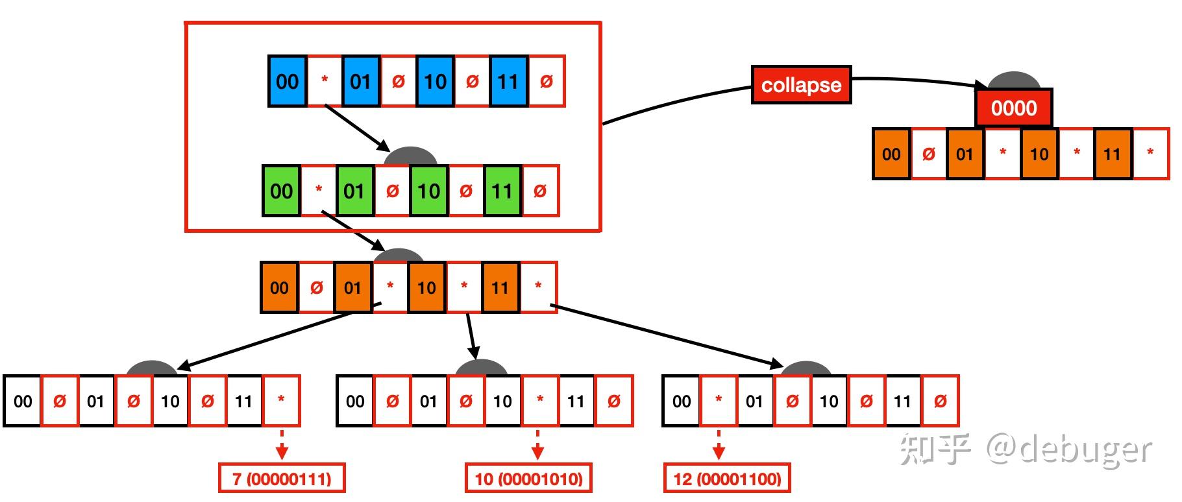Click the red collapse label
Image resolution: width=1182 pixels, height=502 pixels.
[801, 85]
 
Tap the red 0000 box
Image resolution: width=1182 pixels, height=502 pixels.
[1013, 108]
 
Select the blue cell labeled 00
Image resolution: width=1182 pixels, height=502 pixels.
[288, 81]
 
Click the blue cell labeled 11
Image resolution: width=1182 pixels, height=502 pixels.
[508, 81]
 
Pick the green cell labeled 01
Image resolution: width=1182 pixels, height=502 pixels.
[355, 191]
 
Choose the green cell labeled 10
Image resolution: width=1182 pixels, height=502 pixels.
[428, 191]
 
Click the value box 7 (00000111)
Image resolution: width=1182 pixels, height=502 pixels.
[282, 479]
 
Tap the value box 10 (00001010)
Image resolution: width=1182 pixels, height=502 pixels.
[529, 479]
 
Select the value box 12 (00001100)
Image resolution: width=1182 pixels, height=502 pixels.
[727, 479]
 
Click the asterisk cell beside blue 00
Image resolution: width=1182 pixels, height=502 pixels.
[325, 81]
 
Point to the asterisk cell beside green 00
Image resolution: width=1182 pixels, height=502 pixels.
[319, 191]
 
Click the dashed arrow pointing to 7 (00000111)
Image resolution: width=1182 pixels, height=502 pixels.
[282, 445]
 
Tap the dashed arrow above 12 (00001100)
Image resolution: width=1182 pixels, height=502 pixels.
[719, 445]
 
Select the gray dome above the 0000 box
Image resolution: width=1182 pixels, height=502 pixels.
[1014, 81]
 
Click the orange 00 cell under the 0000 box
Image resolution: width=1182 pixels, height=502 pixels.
[891, 154]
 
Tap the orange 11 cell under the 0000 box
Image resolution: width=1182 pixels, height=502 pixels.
[1113, 154]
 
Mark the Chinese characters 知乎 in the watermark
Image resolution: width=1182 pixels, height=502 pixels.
[935, 449]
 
